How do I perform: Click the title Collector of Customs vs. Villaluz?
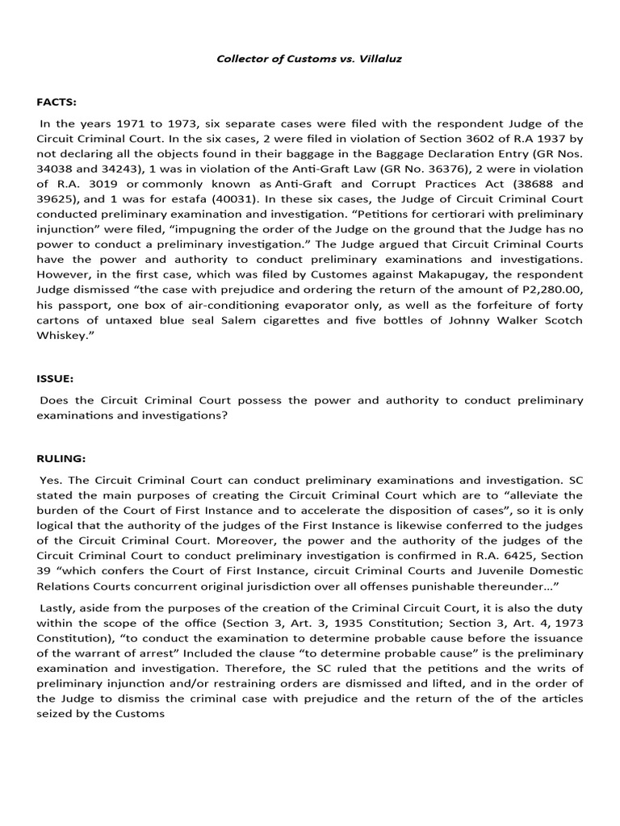(309, 59)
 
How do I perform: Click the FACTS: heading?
(55, 102)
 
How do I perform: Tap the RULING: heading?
(61, 458)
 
